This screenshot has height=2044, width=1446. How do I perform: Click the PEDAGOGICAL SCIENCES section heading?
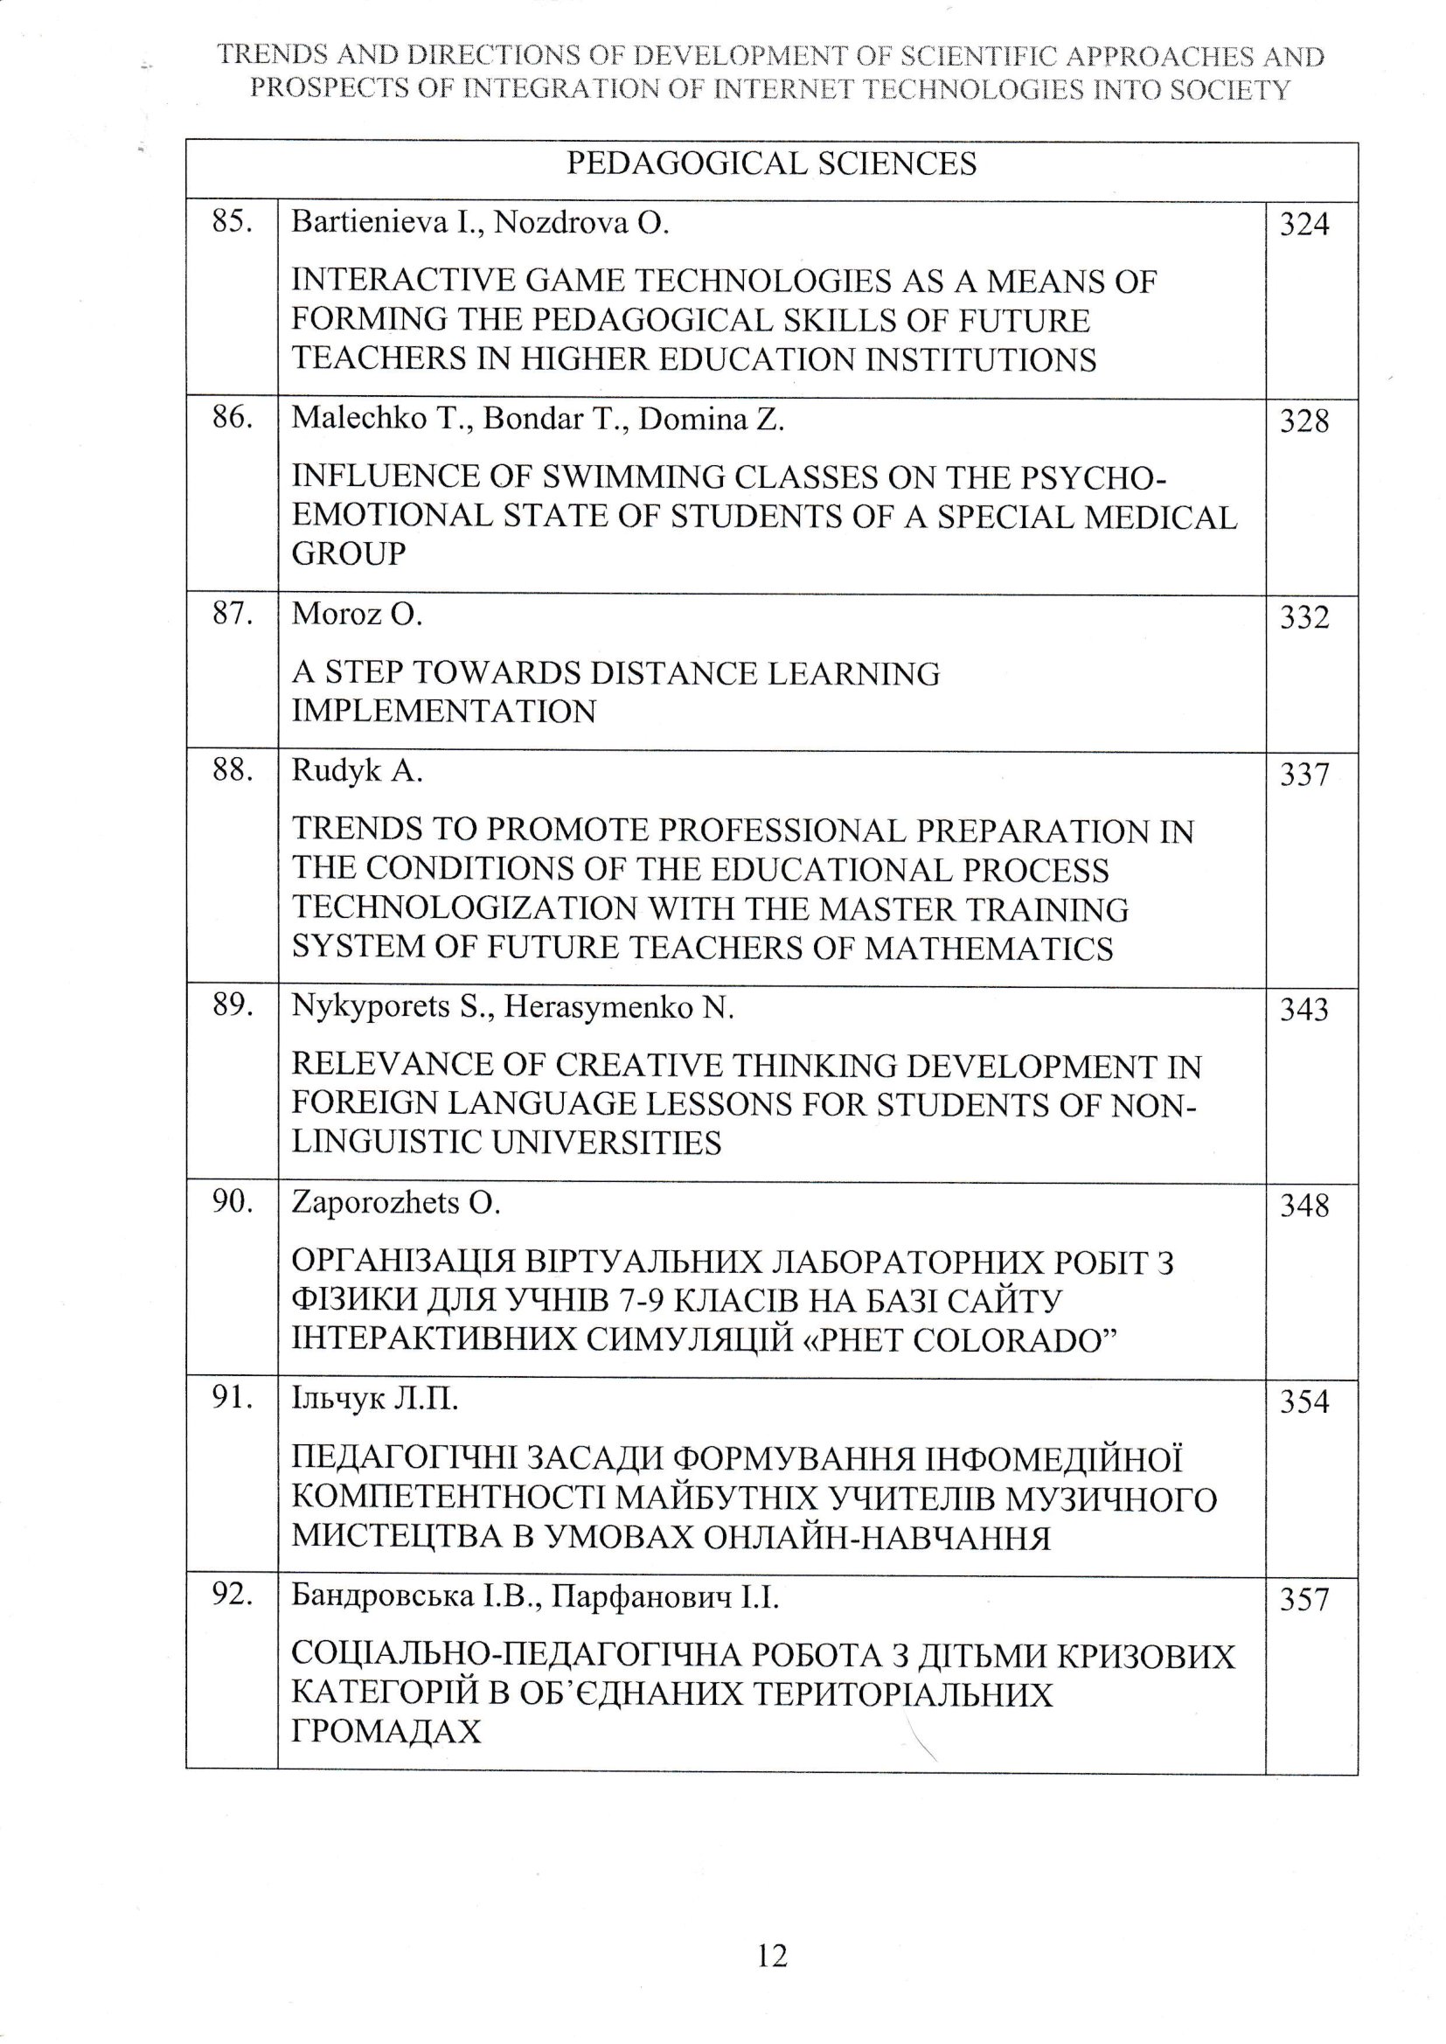coord(771,163)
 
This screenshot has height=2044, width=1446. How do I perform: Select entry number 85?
coord(232,222)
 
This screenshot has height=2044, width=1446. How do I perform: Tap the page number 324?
coord(1303,225)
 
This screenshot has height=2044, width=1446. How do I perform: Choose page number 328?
coord(1303,421)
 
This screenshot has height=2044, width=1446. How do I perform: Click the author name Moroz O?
coord(357,615)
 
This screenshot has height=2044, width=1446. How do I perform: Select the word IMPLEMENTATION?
coord(443,712)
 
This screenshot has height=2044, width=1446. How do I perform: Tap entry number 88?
coord(232,771)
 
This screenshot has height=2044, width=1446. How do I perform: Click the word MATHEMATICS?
coord(989,949)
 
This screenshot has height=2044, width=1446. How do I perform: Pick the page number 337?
coord(1303,775)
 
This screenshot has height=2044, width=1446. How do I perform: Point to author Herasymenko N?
coord(619,1008)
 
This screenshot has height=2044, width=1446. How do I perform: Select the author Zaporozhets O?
coord(396,1204)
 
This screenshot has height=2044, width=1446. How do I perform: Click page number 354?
coord(1303,1402)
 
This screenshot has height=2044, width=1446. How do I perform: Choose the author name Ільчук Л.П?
coord(375,1401)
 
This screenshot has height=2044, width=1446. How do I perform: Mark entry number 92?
coord(232,1596)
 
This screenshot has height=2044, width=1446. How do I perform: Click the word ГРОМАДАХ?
coord(386,1732)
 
